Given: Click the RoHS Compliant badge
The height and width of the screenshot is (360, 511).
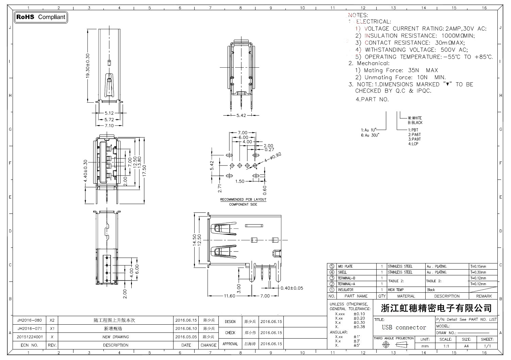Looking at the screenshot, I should pos(41,17).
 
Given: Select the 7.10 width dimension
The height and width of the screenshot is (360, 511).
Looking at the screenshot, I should pos(109,126).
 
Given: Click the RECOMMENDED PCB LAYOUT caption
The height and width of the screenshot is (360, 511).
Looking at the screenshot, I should pos(243,200).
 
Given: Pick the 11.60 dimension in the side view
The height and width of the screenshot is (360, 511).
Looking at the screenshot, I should pos(229,296).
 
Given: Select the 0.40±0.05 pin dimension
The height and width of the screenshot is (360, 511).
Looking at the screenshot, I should pos(292,288).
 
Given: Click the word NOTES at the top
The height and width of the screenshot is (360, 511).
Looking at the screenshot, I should pos(358,15).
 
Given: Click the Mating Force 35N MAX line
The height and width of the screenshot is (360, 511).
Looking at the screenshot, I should pos(397,70).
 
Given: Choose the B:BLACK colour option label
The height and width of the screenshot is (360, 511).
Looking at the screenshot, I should pos(415,123).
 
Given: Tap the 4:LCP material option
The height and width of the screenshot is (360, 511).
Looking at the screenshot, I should pos(413,144).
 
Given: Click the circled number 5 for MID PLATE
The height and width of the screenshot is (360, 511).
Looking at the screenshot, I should pos(332,267).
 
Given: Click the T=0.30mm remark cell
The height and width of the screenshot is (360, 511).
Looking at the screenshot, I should pos(478,272).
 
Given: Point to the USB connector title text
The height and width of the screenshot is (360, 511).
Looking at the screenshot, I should pos(404,327).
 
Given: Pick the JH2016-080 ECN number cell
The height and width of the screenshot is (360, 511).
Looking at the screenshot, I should pos(30,320).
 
